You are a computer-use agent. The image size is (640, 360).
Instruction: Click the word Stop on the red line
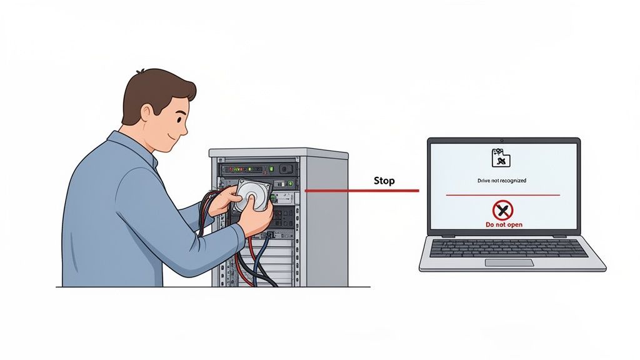coord(384,181)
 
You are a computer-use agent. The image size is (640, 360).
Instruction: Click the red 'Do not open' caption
coord(504,224)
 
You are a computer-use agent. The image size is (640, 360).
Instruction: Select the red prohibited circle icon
coord(502,210)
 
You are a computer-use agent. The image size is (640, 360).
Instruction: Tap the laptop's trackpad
coord(509,262)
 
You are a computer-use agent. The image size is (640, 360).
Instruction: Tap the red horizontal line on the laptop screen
coord(502,196)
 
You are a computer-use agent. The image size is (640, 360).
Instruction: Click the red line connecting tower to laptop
coord(350,190)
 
